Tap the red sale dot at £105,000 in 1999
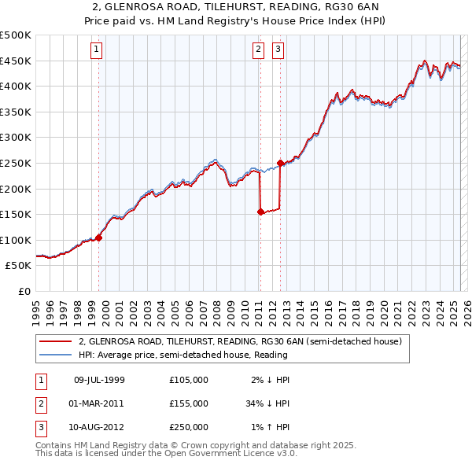99,238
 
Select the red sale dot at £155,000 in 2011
260,212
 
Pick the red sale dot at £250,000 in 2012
281,163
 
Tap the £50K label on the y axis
19,266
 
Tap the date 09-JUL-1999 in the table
99,380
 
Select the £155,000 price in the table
188,403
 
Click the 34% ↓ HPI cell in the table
268,403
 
